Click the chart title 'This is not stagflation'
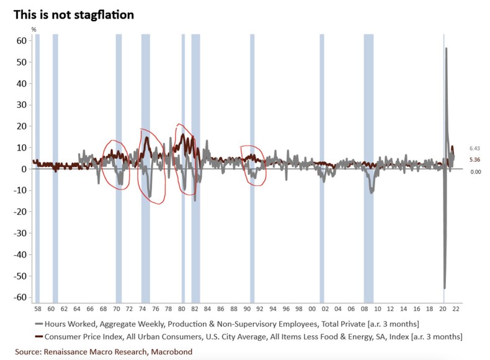(x=74, y=14)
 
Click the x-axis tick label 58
(x=37, y=309)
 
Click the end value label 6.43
(x=476, y=149)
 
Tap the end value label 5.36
(x=476, y=159)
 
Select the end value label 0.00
(x=476, y=172)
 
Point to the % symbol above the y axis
(x=34, y=29)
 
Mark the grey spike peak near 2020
(x=446, y=48)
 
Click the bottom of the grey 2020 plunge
(x=444, y=288)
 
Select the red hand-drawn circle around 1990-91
(x=253, y=165)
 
